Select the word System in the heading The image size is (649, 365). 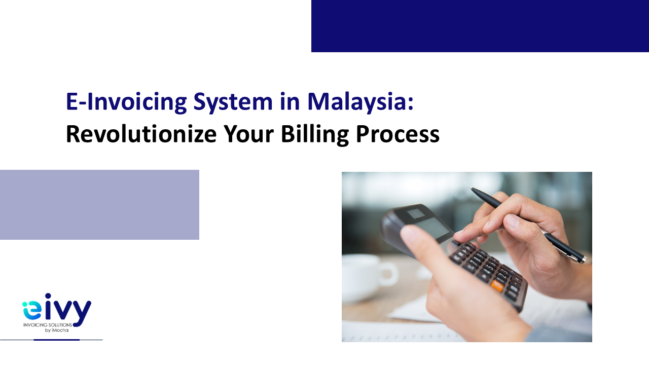233,102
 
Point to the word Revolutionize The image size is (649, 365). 141,134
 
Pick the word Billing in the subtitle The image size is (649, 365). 315,135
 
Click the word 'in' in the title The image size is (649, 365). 290,102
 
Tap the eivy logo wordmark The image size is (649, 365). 57,310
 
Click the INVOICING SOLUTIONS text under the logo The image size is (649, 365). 48,325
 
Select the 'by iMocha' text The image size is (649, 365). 56,330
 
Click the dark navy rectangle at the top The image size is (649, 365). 480,26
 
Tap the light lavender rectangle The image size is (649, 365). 99,205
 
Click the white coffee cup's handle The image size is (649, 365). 390,274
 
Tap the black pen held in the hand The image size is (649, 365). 528,225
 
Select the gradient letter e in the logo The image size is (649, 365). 31,310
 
